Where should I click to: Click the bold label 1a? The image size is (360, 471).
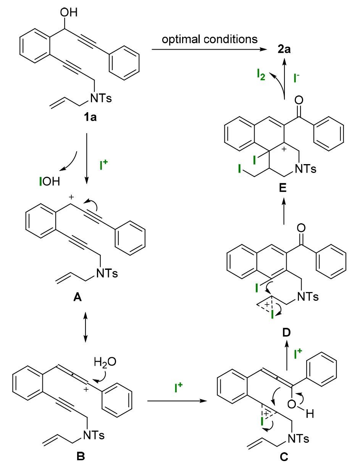click(x=90, y=118)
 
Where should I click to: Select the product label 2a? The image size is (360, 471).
click(x=284, y=49)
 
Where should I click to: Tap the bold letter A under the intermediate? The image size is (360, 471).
click(x=77, y=297)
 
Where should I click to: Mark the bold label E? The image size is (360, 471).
click(x=283, y=188)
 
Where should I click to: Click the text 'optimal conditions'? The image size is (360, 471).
click(x=210, y=39)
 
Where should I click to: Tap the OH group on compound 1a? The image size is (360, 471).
click(x=69, y=12)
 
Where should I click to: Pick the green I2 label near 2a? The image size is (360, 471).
click(x=261, y=75)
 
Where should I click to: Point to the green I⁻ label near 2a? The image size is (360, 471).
click(x=297, y=78)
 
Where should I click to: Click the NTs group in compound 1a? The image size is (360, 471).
click(x=101, y=98)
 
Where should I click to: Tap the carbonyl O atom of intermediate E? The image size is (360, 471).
click(x=299, y=100)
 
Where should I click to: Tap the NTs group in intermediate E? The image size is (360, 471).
click(x=305, y=169)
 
